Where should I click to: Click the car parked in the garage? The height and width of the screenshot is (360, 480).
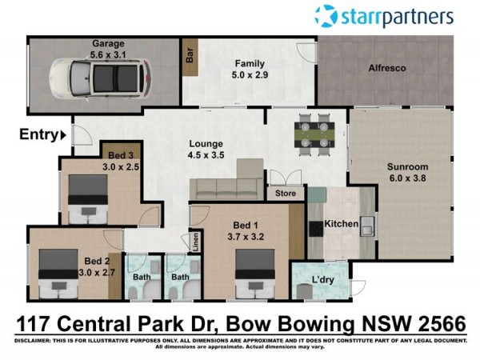click(101, 79)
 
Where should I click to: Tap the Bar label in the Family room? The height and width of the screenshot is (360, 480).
click(190, 55)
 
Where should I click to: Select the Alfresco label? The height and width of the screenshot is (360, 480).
click(387, 68)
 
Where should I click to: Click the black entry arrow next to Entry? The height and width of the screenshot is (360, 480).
click(63, 135)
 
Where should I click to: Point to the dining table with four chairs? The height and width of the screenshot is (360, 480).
click(314, 134)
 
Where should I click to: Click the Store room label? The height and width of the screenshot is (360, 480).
click(286, 194)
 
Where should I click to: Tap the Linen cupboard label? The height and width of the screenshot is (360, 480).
click(196, 242)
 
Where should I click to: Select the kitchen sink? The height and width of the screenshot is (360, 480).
click(367, 226)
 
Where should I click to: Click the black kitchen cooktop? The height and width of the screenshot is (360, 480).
click(316, 229)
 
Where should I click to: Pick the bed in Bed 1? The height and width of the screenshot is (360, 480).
click(254, 274)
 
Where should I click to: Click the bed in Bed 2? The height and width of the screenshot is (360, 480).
click(58, 274)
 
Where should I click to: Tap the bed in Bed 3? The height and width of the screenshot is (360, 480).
click(88, 199)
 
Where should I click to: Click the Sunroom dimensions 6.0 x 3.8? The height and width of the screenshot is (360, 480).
click(407, 178)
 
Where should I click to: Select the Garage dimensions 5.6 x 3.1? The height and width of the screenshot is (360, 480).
click(108, 54)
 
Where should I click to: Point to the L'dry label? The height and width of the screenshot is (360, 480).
click(322, 280)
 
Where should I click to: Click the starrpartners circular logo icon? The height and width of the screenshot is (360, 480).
click(326, 16)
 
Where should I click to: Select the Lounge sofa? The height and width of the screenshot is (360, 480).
click(226, 180)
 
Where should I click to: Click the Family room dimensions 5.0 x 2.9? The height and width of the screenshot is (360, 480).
click(250, 75)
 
